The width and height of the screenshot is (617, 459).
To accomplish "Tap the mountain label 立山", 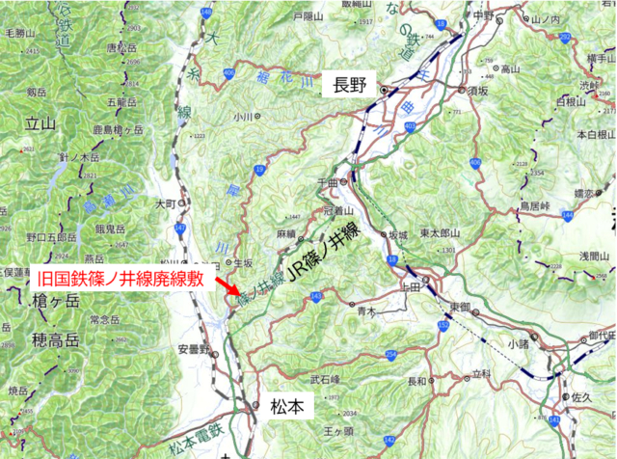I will [41, 122].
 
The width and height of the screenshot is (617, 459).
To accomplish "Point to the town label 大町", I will [166, 204].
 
